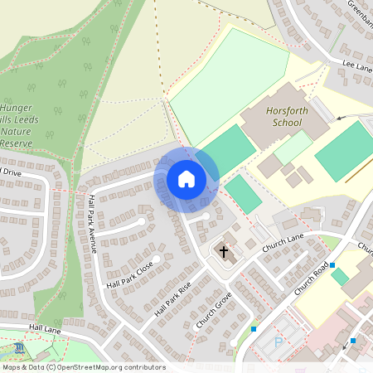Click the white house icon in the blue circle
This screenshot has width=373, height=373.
click(x=186, y=178)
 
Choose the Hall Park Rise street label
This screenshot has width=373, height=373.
click(x=172, y=299)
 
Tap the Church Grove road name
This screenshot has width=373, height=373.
click(x=212, y=312)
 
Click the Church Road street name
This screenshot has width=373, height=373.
click(x=310, y=283)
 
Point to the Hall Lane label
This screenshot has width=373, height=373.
click(x=46, y=328)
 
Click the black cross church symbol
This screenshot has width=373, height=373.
click(x=222, y=250)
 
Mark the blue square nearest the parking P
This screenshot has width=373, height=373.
click(x=254, y=329)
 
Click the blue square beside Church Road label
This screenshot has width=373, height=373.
click(x=332, y=265)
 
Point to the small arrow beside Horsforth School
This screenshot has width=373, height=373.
click(x=339, y=119)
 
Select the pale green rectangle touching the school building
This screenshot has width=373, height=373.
click(x=293, y=148)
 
